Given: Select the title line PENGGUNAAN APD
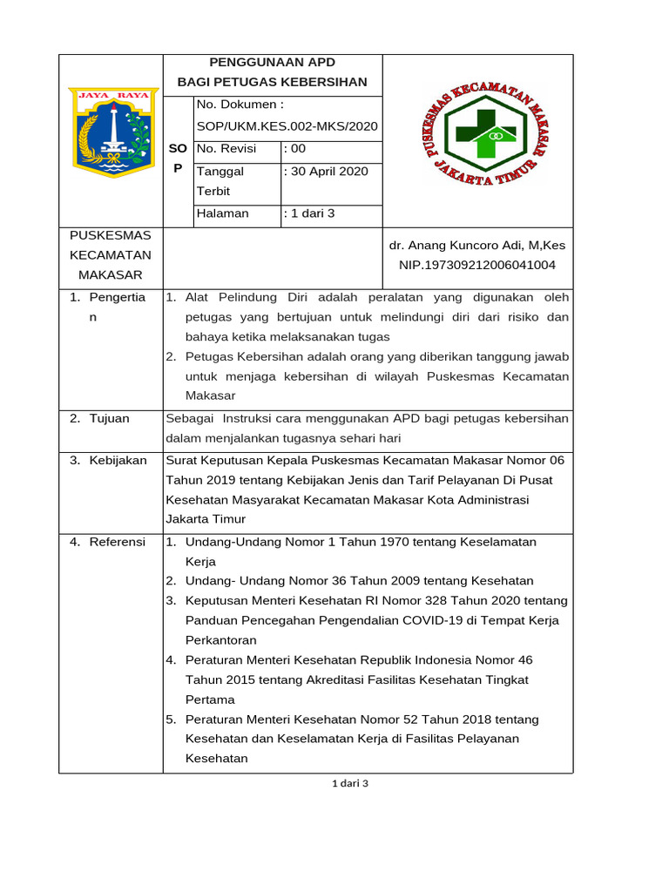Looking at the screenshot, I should click(x=273, y=63).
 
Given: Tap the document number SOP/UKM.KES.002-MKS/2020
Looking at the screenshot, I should click(x=287, y=126).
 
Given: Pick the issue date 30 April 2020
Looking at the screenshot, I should click(x=329, y=172).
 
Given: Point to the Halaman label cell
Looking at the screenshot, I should click(x=223, y=213).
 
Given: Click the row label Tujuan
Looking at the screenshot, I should click(x=109, y=419).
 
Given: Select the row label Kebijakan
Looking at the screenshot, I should click(x=118, y=460).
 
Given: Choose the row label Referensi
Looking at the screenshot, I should click(x=118, y=542).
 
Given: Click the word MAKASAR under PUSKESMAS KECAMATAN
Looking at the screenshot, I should click(x=111, y=275).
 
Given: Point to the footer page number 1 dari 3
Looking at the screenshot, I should click(x=351, y=783).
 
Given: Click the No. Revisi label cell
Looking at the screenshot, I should click(x=226, y=149).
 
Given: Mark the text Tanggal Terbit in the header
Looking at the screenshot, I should click(x=220, y=181).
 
